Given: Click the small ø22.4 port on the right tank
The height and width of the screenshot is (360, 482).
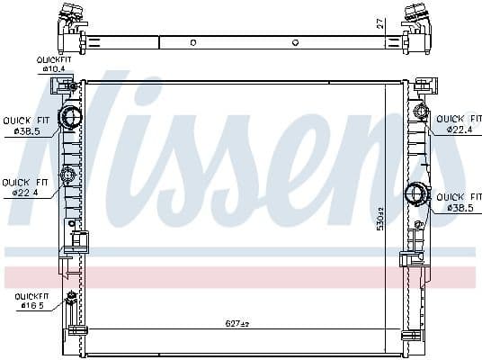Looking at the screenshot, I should pyautogui.click(x=419, y=112).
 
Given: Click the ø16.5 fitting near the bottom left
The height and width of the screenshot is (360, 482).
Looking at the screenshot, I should pyautogui.click(x=70, y=297).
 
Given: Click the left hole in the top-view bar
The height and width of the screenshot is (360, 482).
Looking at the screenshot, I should pyautogui.click(x=193, y=42).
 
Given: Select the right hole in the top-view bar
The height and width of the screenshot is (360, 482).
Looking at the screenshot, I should pyautogui.click(x=296, y=42).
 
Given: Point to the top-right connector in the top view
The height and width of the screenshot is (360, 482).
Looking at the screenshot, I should pyautogui.click(x=415, y=16).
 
